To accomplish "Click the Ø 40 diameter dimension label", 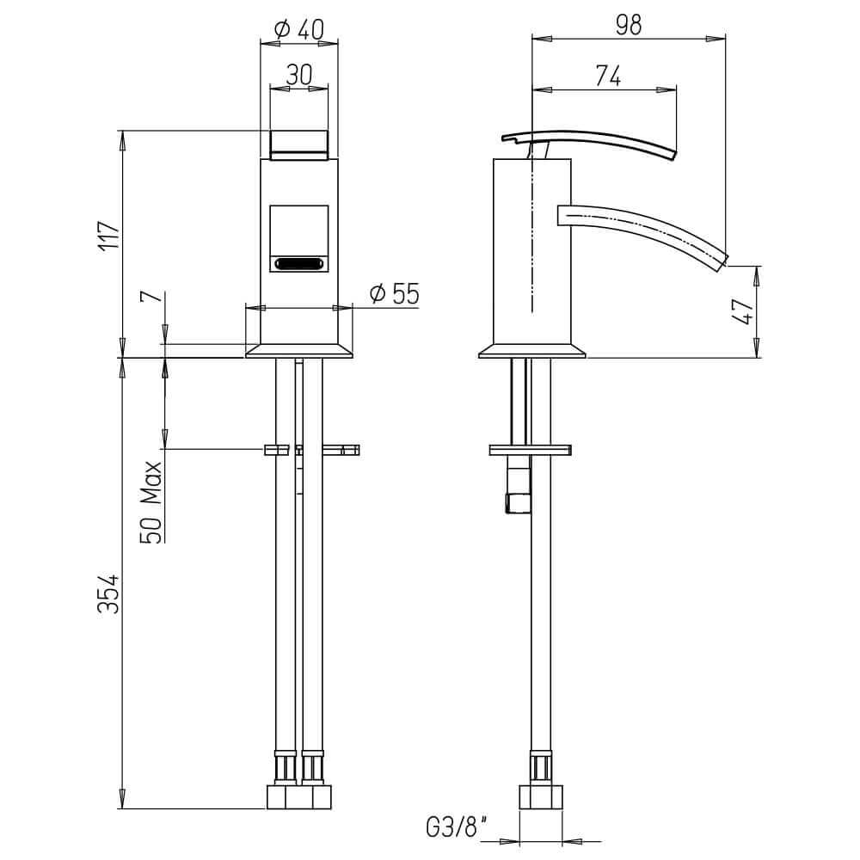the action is click(x=299, y=29).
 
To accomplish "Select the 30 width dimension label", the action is click(x=299, y=75).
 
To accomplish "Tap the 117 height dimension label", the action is click(x=108, y=236).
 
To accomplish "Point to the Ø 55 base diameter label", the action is click(x=395, y=293).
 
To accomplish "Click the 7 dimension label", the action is click(x=154, y=296).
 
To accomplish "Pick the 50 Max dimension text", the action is click(x=152, y=502).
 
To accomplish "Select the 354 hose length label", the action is click(x=108, y=593).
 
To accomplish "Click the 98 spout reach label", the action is click(x=629, y=25).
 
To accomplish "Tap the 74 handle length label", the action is click(x=608, y=76).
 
